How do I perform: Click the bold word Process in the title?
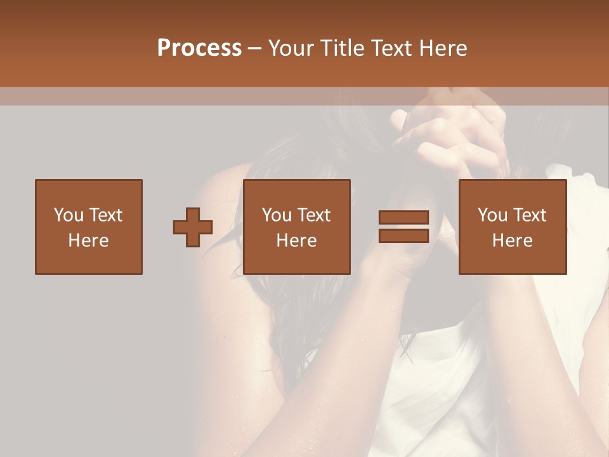pyautogui.click(x=199, y=48)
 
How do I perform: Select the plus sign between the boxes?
pyautogui.click(x=193, y=227)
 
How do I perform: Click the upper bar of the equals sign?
pyautogui.click(x=403, y=218)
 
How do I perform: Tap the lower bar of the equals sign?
pyautogui.click(x=403, y=235)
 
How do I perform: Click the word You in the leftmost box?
pyautogui.click(x=69, y=215)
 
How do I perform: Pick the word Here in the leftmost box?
pyautogui.click(x=88, y=241)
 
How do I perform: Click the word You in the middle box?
pyautogui.click(x=277, y=215)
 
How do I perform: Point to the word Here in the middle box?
pyautogui.click(x=296, y=241)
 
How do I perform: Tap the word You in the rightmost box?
pyautogui.click(x=492, y=215)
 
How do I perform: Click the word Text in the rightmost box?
pyautogui.click(x=528, y=215)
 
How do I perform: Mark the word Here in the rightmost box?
pyautogui.click(x=512, y=241)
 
